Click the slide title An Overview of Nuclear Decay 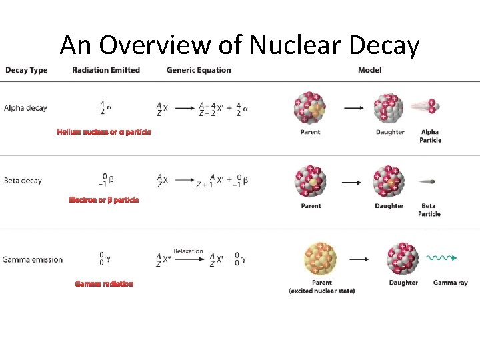239,45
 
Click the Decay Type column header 26,70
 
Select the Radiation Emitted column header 106,70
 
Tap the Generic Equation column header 199,70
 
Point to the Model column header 369,70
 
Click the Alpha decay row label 25,108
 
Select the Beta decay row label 23,180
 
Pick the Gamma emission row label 33,259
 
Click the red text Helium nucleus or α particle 104,132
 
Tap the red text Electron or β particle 104,200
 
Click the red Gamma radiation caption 104,284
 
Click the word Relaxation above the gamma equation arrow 188,251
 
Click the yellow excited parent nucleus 321,259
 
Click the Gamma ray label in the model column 450,283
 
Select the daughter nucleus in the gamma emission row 403,259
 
